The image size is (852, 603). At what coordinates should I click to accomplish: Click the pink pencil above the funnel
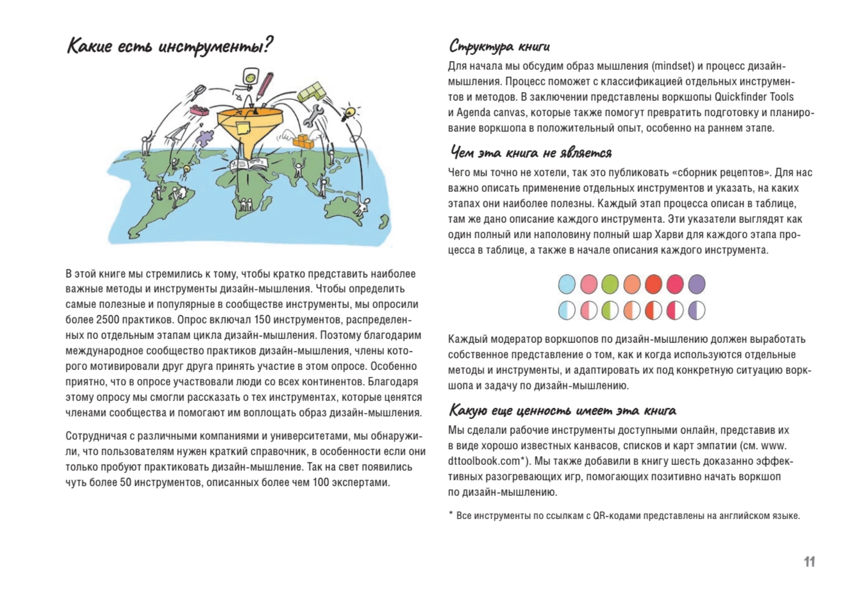[265, 85]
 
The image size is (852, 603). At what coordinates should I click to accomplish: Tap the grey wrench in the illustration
[313, 115]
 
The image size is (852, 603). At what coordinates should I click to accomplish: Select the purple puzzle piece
[205, 137]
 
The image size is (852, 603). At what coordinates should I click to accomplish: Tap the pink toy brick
[199, 111]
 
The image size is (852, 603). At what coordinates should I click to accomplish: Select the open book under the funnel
[249, 164]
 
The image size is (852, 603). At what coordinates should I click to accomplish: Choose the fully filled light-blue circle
[566, 284]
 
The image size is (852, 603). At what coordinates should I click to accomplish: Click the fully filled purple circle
[697, 284]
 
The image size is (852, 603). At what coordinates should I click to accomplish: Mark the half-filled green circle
[610, 311]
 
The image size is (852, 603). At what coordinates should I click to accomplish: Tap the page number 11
[809, 562]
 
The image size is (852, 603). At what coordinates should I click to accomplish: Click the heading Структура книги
[499, 46]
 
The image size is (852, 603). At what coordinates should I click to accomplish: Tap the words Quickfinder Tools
[754, 97]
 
